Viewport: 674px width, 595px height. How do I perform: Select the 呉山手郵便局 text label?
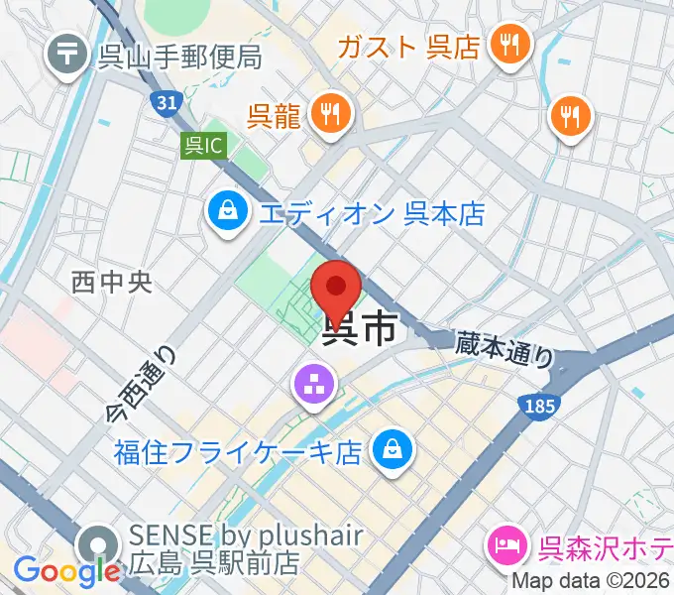179,57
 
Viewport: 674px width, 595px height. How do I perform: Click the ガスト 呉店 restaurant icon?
511,45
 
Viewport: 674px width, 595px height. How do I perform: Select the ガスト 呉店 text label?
408,47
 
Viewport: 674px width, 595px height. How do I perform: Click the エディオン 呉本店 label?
372,212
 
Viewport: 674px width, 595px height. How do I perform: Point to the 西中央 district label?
111,283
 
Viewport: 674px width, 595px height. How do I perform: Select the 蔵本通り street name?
504,349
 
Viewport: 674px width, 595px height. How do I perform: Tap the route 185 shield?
541,405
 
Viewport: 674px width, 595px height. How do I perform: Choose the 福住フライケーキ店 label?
237,453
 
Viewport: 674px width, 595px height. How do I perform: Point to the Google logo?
66,571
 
